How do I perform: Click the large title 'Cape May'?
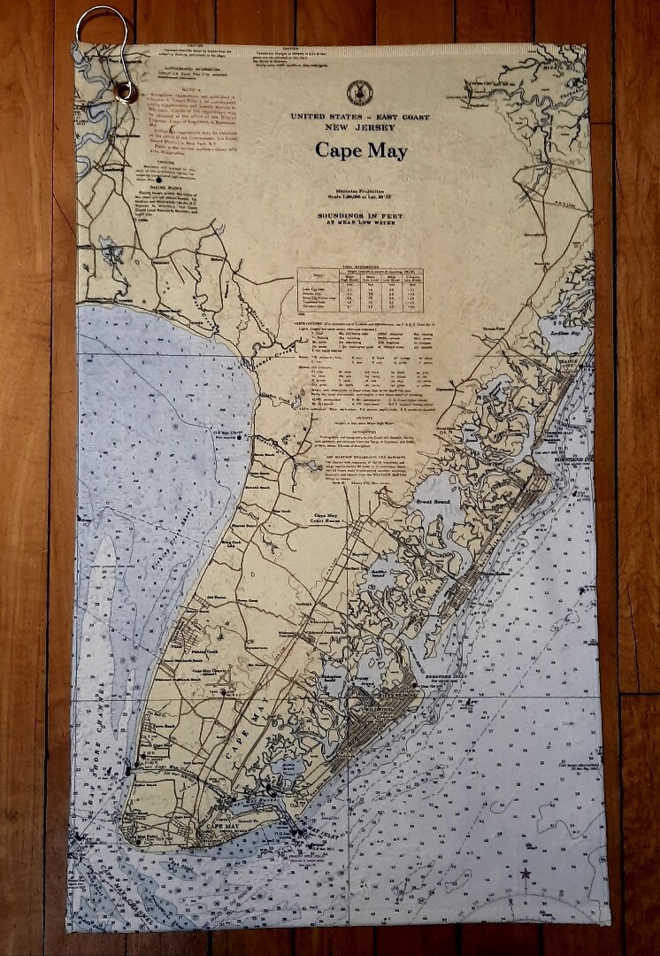click(x=361, y=150)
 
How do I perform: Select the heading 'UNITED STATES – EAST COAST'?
click(x=361, y=117)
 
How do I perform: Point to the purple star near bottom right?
click(x=526, y=874)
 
